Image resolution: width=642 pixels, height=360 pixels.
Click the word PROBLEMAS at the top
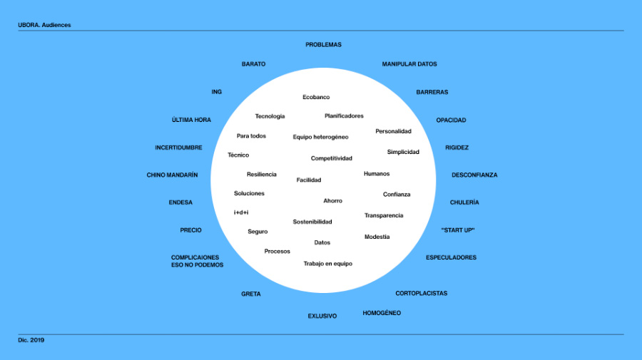[323, 45]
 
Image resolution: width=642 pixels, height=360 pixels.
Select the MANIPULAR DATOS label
[409, 64]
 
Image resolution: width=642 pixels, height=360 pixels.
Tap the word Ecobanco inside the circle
[316, 97]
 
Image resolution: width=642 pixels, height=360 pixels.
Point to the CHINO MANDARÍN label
[172, 175]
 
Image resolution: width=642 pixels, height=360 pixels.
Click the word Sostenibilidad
[312, 222]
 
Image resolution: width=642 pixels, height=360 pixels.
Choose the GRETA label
[250, 294]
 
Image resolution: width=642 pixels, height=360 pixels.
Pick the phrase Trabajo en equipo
[327, 264]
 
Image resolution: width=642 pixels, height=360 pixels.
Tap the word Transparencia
[384, 215]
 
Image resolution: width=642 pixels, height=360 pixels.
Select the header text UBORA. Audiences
[44, 25]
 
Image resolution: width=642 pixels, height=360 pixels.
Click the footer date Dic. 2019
[31, 340]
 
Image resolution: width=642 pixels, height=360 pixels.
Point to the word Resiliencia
[261, 175]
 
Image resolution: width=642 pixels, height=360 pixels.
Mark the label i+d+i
[241, 212]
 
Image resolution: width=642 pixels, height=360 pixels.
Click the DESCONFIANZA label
[474, 175]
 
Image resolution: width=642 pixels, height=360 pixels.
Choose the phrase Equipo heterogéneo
[320, 137]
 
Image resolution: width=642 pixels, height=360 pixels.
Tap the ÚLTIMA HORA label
[191, 120]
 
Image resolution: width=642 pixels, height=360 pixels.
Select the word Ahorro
[332, 201]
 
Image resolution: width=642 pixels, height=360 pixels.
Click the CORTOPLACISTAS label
[421, 294]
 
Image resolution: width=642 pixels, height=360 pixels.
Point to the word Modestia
[377, 237]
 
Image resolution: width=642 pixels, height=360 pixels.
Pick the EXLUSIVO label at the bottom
[322, 316]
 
